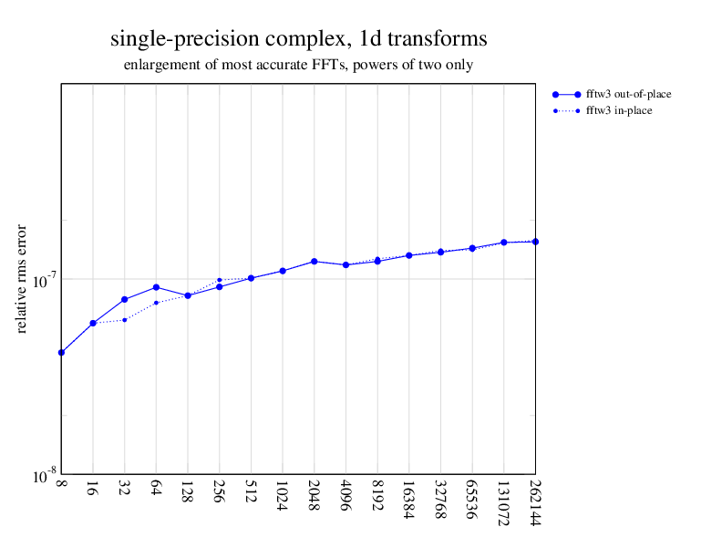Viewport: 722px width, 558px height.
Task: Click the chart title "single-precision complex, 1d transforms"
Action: (x=298, y=39)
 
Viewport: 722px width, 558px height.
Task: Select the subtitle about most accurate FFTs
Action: (x=298, y=66)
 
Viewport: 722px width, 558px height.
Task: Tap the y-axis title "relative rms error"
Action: (x=22, y=278)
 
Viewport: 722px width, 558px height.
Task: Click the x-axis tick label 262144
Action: (x=535, y=502)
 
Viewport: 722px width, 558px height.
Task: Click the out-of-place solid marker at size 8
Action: (x=61, y=352)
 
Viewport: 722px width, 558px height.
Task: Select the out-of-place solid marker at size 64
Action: (x=156, y=287)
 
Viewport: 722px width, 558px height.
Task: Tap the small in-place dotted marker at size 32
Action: (x=125, y=320)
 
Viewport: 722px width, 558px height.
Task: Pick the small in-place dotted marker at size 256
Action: (x=220, y=279)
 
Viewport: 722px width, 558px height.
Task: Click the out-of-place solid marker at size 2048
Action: (x=314, y=262)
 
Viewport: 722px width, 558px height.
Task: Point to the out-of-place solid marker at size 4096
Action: (x=346, y=264)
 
